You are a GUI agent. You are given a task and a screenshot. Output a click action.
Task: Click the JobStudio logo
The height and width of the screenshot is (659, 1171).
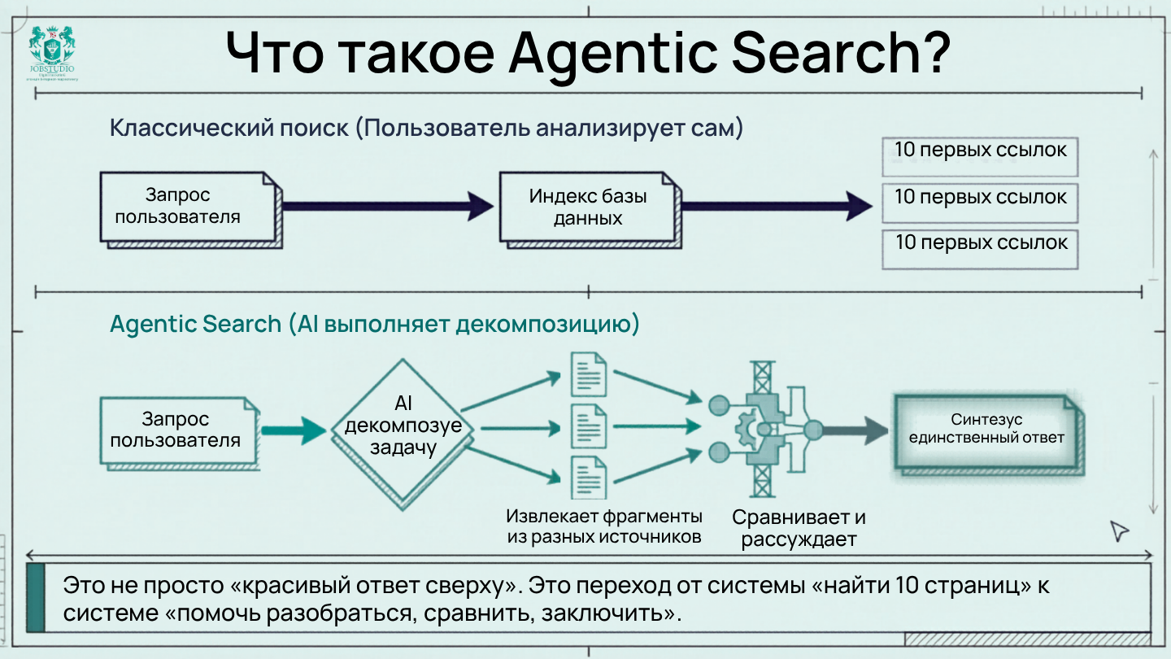55,54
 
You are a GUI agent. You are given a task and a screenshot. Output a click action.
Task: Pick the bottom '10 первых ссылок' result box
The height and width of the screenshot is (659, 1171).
980,249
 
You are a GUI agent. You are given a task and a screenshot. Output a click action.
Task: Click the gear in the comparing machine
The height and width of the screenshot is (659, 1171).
747,426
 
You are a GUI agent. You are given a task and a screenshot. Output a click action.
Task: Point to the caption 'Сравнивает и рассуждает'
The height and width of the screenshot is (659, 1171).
799,527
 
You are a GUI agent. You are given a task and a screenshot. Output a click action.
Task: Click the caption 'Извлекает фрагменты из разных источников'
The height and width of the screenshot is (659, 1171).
603,526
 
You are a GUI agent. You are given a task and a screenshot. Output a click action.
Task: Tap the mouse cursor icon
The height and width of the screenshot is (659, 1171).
1120,530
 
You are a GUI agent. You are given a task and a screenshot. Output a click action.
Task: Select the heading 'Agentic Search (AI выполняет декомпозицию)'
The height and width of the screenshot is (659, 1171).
375,324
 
